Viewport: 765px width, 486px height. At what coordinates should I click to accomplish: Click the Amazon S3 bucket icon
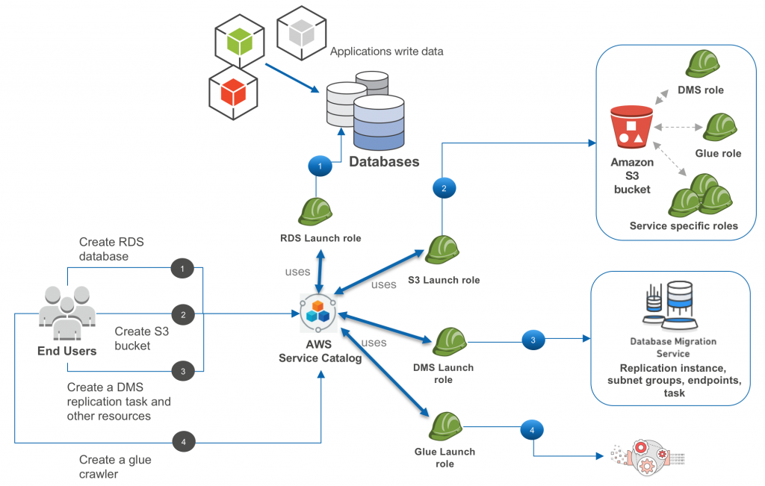632,127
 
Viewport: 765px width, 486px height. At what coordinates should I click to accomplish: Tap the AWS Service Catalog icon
318,313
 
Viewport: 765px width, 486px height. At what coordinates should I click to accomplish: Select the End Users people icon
67,313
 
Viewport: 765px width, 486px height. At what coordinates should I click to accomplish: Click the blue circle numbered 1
320,166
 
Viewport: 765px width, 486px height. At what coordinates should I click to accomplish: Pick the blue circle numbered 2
444,188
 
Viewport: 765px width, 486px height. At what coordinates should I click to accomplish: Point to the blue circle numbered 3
533,340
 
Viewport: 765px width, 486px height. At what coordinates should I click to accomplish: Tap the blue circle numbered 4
532,430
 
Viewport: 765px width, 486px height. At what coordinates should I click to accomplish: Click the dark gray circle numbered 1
182,268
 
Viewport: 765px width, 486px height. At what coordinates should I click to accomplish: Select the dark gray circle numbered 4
184,442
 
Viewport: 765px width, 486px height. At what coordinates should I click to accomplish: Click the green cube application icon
240,41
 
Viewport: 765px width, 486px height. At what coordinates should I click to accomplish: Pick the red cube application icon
233,92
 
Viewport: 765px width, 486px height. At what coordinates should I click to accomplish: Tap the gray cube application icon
302,33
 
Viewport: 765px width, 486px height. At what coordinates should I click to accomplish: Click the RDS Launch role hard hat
315,211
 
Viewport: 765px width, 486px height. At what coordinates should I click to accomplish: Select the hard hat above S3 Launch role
442,249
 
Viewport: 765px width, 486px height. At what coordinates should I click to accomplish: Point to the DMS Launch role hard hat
450,342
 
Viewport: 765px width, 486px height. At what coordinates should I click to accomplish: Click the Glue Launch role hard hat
446,426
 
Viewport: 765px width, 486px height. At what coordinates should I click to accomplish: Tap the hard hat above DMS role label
702,64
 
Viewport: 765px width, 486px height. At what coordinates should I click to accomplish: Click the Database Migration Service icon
670,305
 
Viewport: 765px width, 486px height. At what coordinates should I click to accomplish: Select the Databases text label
384,162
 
